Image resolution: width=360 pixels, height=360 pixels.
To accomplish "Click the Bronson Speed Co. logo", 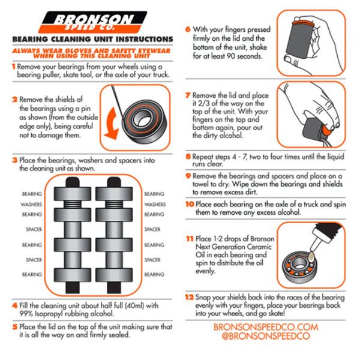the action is (94, 22).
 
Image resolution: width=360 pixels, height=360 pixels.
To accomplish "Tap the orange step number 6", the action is (188, 29).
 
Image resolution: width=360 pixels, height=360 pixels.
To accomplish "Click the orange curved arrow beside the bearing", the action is (111, 124).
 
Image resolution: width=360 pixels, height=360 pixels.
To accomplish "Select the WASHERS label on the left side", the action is (31, 205).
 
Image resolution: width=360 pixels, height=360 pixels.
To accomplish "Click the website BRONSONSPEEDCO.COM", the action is (266, 327).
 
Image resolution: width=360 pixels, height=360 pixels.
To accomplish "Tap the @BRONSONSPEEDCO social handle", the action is (266, 336).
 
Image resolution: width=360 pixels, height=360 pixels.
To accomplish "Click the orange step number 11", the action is (190, 239).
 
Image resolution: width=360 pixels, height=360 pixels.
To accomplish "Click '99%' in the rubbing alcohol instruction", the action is (26, 313).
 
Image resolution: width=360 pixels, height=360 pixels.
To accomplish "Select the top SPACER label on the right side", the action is (152, 229).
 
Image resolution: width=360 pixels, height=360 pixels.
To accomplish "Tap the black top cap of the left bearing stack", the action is (73, 182).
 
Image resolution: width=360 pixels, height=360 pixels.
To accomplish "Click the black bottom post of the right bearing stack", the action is (114, 287).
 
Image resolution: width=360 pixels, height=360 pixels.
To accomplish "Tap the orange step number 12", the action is (190, 297).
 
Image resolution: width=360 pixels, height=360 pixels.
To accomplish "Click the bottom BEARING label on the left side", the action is (32, 274).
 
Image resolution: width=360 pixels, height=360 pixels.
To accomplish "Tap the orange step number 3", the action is (14, 160).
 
